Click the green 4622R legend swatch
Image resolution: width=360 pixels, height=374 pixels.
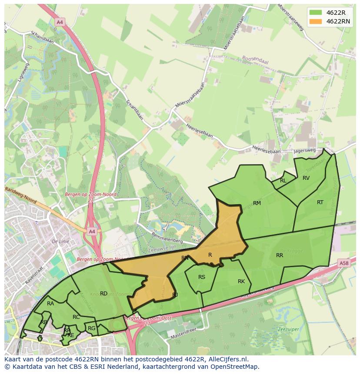point(316,13)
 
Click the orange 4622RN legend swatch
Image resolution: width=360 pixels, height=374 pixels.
point(316,21)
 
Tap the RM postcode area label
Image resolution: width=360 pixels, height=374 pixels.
point(257,203)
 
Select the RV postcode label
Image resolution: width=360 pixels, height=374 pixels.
point(306,178)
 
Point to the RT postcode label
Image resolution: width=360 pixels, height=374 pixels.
point(320,202)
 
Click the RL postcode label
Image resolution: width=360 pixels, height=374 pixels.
point(283,181)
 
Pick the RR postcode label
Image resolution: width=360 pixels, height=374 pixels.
point(280,255)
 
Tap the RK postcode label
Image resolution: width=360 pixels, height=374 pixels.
point(241,281)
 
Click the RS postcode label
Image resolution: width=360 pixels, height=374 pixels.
point(202,277)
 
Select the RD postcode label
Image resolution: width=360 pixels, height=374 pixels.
point(103,294)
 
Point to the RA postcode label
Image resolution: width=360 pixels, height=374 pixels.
point(50,304)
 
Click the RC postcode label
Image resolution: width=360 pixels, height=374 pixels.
point(76,317)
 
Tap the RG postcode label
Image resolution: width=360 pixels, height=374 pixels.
point(91,328)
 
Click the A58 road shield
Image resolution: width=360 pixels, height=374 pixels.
point(343,263)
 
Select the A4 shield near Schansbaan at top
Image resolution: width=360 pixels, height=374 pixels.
point(60,21)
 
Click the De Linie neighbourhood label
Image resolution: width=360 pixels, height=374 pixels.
point(60,241)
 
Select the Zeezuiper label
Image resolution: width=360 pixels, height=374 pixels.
point(287,329)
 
